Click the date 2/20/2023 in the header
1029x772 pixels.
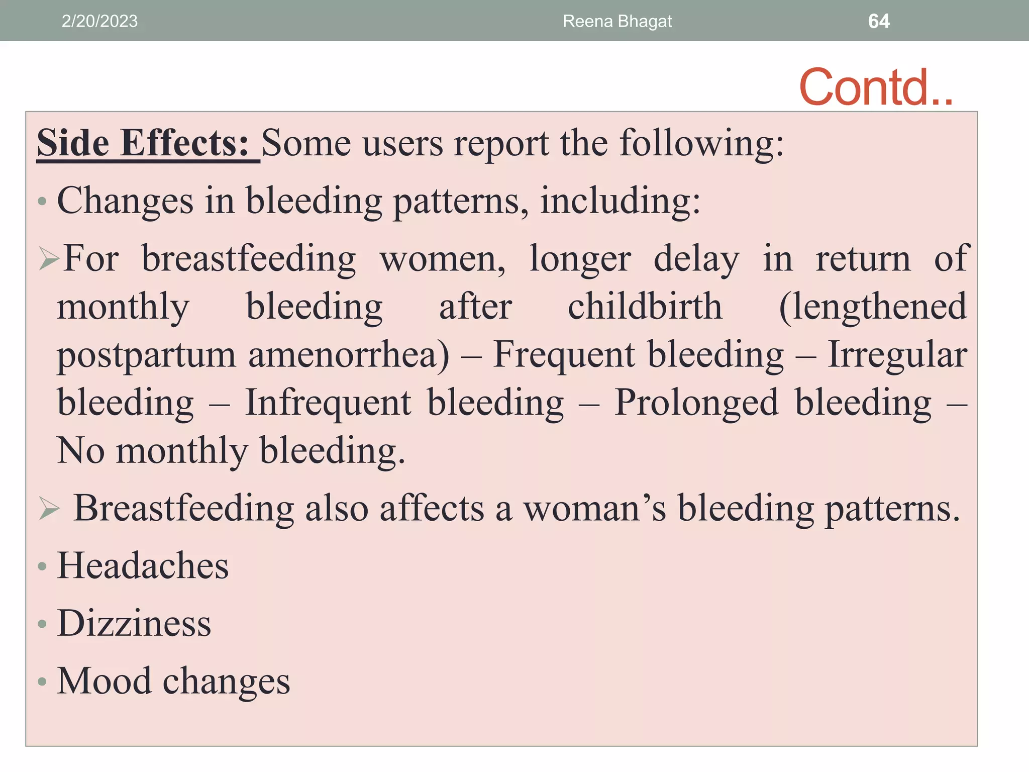pos(99,21)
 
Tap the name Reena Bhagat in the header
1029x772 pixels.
pos(617,21)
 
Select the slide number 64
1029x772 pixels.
pos(879,21)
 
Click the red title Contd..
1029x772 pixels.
pos(875,87)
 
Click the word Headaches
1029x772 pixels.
pos(143,566)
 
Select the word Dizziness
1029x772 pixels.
pos(134,624)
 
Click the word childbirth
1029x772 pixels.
pos(645,307)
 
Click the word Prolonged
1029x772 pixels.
pos(696,404)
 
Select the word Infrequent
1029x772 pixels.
pos(328,404)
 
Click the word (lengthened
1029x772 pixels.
pos(873,308)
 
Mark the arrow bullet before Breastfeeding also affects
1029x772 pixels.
pos(49,509)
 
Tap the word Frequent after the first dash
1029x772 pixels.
pos(563,355)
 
